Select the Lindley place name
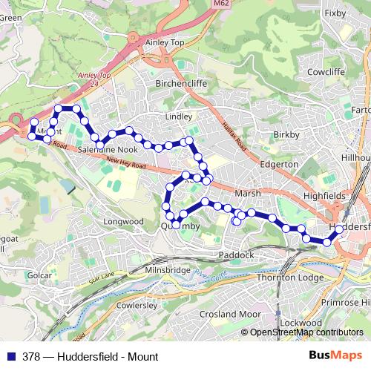point(179,117)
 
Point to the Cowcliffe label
point(327,73)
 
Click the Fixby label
point(335,13)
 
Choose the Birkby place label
point(286,134)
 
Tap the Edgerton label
point(280,164)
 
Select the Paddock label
point(237,255)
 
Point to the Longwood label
point(123,221)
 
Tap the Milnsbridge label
point(168,271)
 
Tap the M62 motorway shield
point(219,4)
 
